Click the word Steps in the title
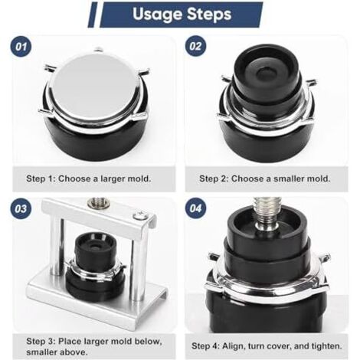[209, 14]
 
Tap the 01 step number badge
[21, 47]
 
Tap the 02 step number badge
[195, 46]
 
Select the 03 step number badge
[21, 208]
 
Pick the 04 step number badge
[195, 208]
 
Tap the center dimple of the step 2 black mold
[267, 74]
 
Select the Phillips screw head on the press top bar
[140, 216]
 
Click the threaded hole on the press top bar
[99, 203]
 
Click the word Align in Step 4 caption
[234, 346]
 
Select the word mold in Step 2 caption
[318, 178]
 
